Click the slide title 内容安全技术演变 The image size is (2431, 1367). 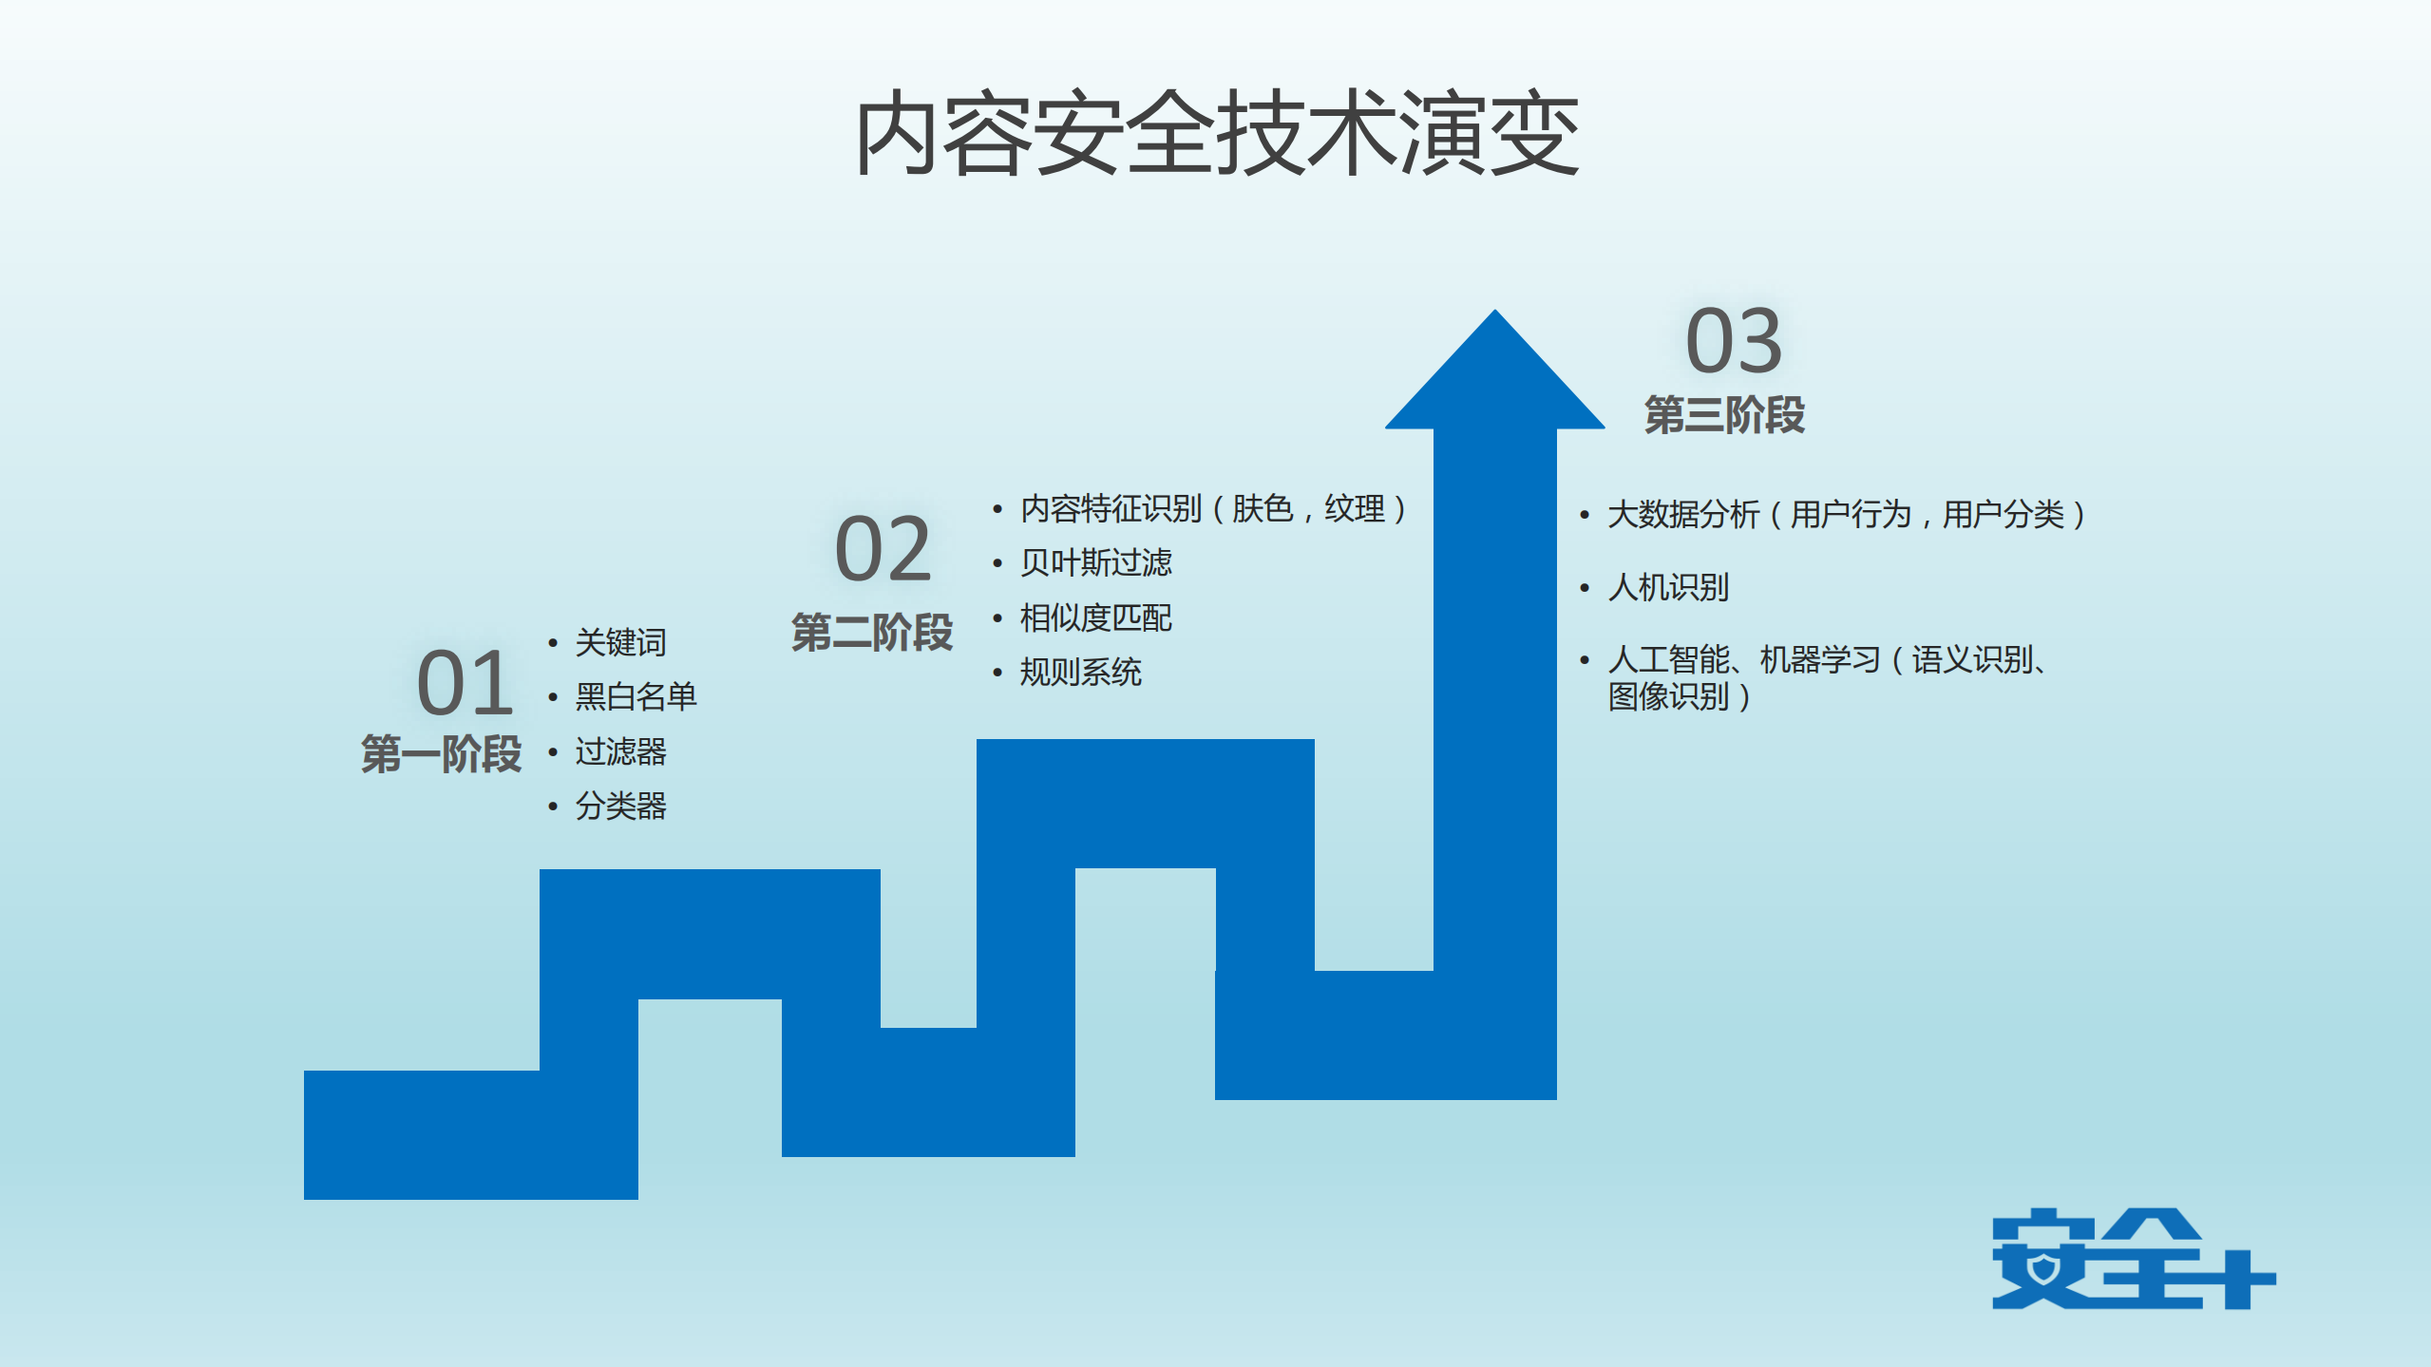pyautogui.click(x=1217, y=134)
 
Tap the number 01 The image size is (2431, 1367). pyautogui.click(x=465, y=683)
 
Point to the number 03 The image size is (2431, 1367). pyautogui.click(x=1733, y=341)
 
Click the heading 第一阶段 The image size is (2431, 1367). pyautogui.click(x=441, y=754)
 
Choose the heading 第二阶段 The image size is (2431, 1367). pyautogui.click(x=871, y=632)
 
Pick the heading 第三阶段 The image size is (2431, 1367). pyautogui.click(x=1723, y=415)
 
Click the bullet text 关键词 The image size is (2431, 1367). pyautogui.click(x=620, y=642)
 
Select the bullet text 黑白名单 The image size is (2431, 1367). pyautogui.click(x=636, y=696)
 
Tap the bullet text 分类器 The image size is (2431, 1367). pyautogui.click(x=620, y=806)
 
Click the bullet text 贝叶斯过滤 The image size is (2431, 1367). pyautogui.click(x=1095, y=562)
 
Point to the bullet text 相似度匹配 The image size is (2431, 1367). pyautogui.click(x=1095, y=617)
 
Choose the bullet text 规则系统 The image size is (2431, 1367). pyautogui.click(x=1080, y=672)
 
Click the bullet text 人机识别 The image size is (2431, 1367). pyautogui.click(x=1668, y=587)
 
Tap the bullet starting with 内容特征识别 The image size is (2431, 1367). pyautogui.click(x=1212, y=508)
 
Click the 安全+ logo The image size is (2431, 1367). pyautogui.click(x=2133, y=1259)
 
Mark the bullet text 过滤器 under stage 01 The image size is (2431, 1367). pyautogui.click(x=620, y=751)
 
